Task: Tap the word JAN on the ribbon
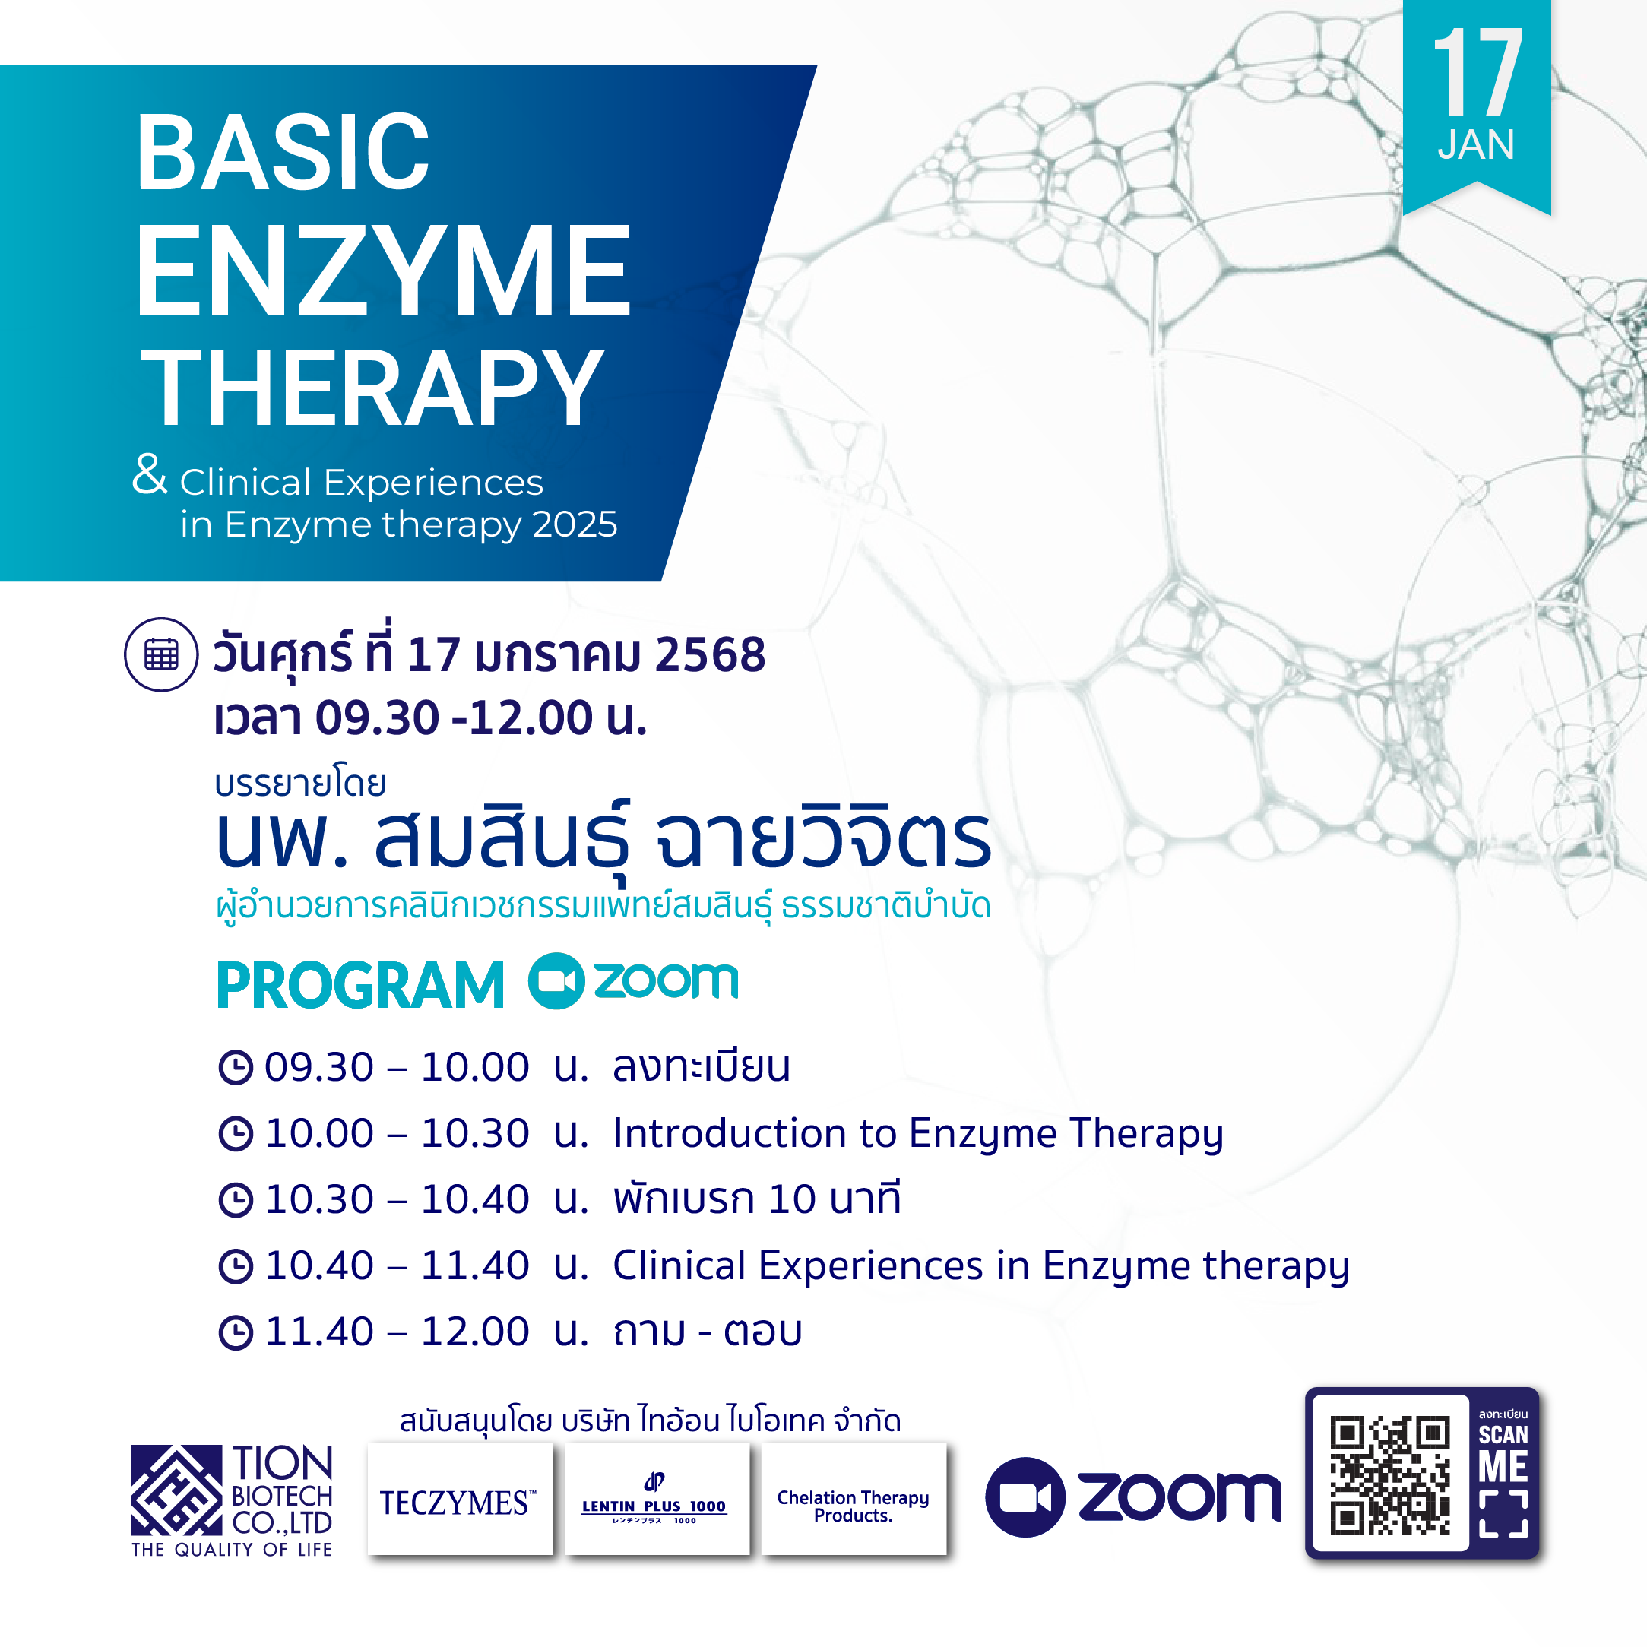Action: point(1477,144)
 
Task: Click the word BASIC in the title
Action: point(282,153)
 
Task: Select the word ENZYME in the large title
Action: point(384,271)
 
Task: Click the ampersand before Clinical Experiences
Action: point(150,474)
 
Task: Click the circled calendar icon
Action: point(161,654)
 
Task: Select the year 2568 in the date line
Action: point(710,654)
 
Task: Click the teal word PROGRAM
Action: point(360,986)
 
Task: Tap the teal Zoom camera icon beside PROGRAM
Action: point(556,981)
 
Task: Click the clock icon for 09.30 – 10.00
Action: point(236,1067)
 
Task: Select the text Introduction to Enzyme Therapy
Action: point(918,1134)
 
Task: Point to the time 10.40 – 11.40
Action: point(397,1265)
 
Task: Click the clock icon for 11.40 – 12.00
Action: point(236,1332)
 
